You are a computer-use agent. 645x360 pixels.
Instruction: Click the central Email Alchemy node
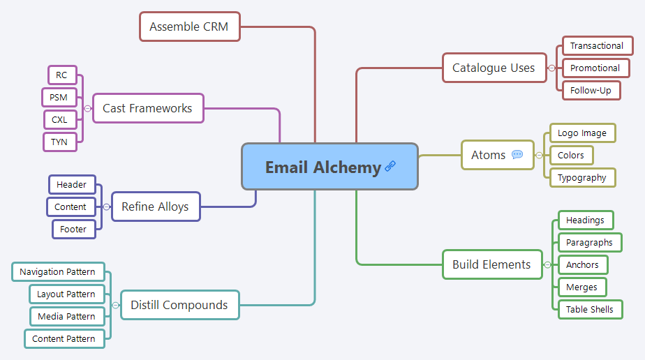pyautogui.click(x=322, y=167)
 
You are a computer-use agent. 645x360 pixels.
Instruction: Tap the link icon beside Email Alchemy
pyautogui.click(x=390, y=166)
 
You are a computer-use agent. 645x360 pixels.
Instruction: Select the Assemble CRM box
pyautogui.click(x=189, y=27)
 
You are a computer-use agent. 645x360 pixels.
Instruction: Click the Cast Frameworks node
pyautogui.click(x=148, y=108)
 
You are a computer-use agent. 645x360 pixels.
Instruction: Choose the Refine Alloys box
pyautogui.click(x=155, y=207)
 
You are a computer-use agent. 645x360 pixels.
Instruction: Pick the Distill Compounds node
pyautogui.click(x=179, y=305)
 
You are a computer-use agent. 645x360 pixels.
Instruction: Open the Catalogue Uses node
pyautogui.click(x=494, y=68)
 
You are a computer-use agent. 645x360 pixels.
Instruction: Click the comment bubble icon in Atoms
pyautogui.click(x=517, y=155)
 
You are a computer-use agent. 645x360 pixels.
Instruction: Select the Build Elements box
pyautogui.click(x=491, y=264)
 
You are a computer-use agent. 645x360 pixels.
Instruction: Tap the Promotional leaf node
pyautogui.click(x=595, y=68)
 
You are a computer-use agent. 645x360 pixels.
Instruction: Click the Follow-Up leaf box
pyautogui.click(x=591, y=90)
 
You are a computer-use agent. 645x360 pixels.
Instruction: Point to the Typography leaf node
pyautogui.click(x=582, y=177)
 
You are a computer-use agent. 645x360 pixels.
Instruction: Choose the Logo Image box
pyautogui.click(x=582, y=133)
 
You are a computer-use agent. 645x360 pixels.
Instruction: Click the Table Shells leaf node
pyautogui.click(x=590, y=309)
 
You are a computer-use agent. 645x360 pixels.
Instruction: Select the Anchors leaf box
pyautogui.click(x=582, y=264)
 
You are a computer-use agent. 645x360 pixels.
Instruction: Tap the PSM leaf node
pyautogui.click(x=59, y=97)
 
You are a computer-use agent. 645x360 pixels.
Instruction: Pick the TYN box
pyautogui.click(x=59, y=142)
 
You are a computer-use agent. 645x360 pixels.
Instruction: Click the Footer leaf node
pyautogui.click(x=73, y=229)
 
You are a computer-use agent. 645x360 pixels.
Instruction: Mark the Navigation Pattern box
pyautogui.click(x=58, y=271)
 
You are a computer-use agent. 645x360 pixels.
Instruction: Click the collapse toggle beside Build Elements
pyautogui.click(x=548, y=264)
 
